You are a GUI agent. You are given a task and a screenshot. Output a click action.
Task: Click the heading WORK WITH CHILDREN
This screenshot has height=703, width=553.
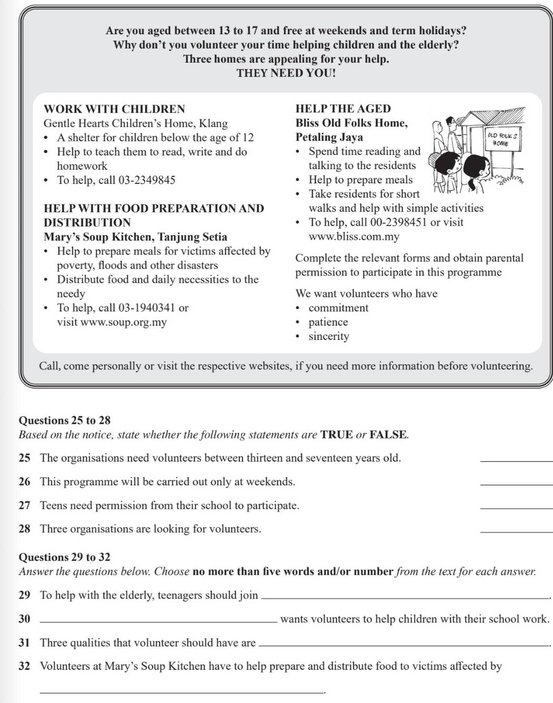pyautogui.click(x=114, y=109)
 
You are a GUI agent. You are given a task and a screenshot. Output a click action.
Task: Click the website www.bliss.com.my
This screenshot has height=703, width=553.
pyautogui.click(x=354, y=237)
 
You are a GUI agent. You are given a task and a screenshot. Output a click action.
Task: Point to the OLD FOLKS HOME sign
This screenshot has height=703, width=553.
pyautogui.click(x=502, y=139)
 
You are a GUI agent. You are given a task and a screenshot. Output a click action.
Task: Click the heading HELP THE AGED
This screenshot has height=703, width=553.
pyautogui.click(x=343, y=109)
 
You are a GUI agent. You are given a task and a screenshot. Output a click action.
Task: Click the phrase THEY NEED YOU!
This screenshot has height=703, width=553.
pyautogui.click(x=286, y=73)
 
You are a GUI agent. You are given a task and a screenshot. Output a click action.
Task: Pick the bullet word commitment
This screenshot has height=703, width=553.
pyautogui.click(x=338, y=308)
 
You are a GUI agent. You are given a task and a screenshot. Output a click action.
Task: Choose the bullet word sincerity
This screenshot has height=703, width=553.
pyautogui.click(x=329, y=336)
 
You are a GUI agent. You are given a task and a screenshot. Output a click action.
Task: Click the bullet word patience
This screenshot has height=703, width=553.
pyautogui.click(x=328, y=322)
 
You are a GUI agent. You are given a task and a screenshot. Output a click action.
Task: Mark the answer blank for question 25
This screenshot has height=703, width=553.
pyautogui.click(x=516, y=460)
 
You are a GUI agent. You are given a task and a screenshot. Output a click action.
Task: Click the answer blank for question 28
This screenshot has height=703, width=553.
pyautogui.click(x=516, y=531)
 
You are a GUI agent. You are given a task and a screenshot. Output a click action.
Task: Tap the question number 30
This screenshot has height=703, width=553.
pyautogui.click(x=24, y=619)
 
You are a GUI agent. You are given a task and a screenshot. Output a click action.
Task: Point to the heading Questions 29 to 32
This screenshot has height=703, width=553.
pyautogui.click(x=64, y=557)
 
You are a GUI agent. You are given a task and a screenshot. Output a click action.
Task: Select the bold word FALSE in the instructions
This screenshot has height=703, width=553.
pyautogui.click(x=388, y=435)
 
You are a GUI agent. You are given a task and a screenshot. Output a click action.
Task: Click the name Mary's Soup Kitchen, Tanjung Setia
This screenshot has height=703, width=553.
pyautogui.click(x=135, y=237)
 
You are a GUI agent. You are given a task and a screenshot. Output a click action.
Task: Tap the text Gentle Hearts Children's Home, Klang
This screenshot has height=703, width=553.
pyautogui.click(x=135, y=123)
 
